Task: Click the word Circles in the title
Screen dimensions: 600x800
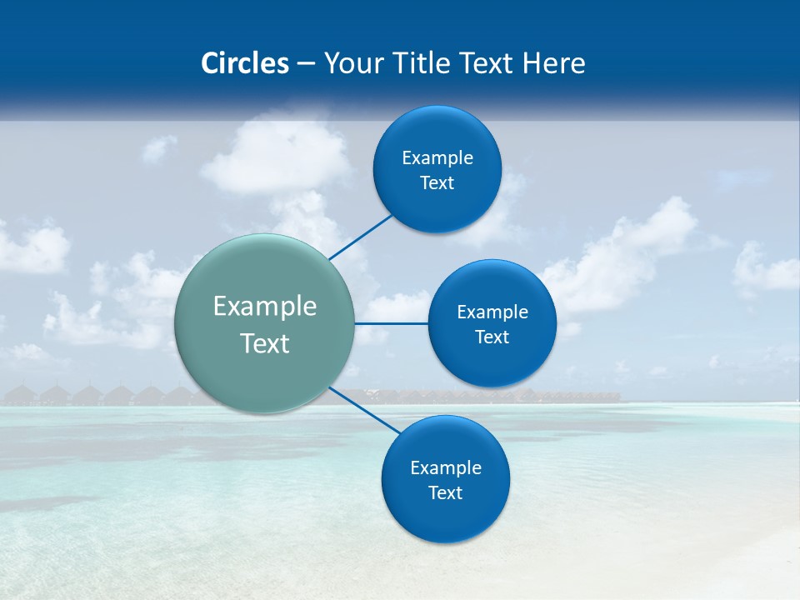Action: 244,63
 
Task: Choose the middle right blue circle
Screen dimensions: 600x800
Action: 492,362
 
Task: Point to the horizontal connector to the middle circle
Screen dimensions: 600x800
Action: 392,323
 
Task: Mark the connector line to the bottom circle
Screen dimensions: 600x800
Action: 365,410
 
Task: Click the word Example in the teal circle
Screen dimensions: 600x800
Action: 265,307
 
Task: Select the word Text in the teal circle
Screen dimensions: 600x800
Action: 265,343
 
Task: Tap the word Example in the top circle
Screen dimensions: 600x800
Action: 437,158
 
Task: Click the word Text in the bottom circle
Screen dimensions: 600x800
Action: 446,493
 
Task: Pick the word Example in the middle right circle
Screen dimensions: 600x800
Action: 492,312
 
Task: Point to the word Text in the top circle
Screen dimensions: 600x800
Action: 437,183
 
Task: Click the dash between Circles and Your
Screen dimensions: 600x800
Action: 305,64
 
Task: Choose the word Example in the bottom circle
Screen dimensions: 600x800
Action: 446,468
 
